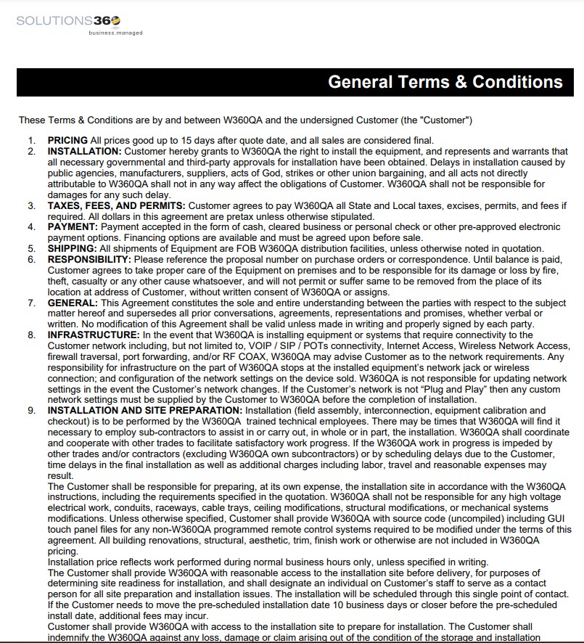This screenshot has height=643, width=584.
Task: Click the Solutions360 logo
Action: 70,22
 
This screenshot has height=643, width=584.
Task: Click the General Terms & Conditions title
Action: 445,82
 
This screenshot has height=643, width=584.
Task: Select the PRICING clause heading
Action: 67,140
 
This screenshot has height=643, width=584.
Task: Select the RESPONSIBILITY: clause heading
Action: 89,259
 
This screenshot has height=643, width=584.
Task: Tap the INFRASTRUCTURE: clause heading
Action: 94,335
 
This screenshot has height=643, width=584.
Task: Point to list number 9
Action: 31,411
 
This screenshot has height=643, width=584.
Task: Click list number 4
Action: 31,227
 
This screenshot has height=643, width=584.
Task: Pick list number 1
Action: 31,140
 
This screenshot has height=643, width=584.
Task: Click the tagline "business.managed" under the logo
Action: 115,33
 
